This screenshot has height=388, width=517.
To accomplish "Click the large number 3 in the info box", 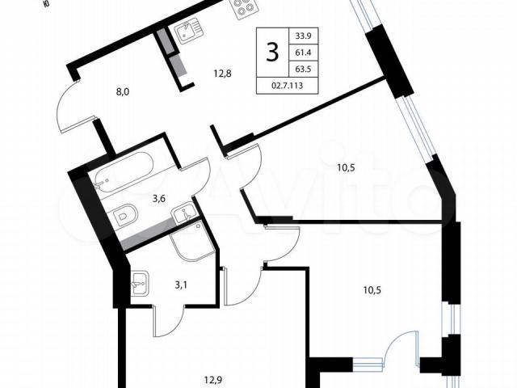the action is click(272, 53).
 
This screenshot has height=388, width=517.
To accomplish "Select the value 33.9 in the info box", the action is click(304, 36).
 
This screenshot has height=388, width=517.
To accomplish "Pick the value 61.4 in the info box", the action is click(304, 53).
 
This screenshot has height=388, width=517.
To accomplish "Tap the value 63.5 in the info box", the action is click(304, 70).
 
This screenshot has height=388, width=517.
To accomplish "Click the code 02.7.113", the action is click(287, 86).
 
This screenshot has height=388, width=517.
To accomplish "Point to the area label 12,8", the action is click(222, 74).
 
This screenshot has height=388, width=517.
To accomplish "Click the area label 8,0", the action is click(122, 92).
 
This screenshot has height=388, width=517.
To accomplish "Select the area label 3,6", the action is click(158, 199).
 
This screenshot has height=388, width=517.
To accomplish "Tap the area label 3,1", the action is click(181, 285).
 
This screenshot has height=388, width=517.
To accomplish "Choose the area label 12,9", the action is click(212, 380).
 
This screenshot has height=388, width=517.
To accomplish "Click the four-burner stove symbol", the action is click(245, 9).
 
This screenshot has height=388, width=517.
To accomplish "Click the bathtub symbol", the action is click(124, 172).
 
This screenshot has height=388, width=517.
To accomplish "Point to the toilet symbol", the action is click(124, 216).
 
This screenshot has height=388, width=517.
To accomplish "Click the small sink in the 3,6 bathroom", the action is click(183, 213).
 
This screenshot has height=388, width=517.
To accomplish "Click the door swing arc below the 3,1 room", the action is click(169, 322).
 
